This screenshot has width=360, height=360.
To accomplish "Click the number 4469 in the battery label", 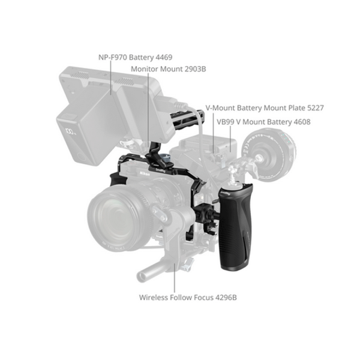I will click(x=163, y=58).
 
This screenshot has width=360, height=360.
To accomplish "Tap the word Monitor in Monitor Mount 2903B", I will click(x=145, y=69).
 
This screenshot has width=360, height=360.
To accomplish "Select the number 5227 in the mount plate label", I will click(x=313, y=108).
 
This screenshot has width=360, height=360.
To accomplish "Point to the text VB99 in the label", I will click(x=227, y=122).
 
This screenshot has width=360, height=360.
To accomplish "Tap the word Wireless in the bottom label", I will click(x=155, y=297).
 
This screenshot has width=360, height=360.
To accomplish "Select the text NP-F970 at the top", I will click(x=112, y=58).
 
